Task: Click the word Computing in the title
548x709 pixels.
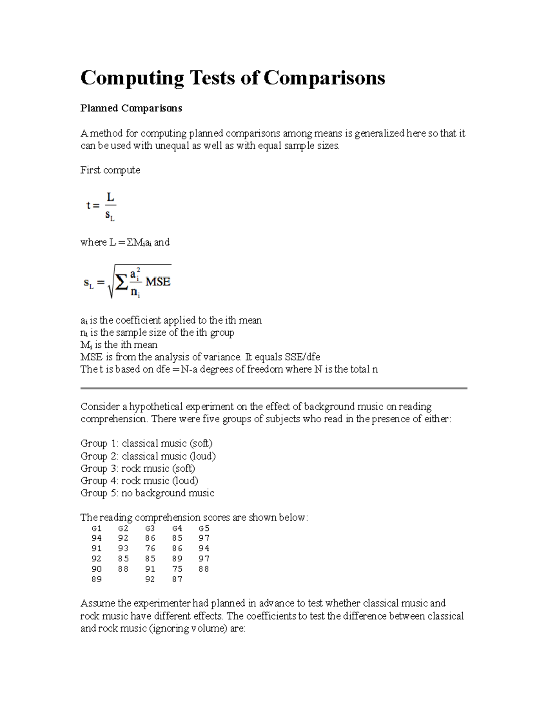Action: [x=132, y=78]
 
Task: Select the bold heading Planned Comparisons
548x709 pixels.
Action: [x=131, y=108]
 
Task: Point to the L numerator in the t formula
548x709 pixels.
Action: [x=110, y=197]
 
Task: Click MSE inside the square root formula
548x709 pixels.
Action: [x=158, y=282]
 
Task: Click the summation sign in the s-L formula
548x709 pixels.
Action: [x=121, y=283]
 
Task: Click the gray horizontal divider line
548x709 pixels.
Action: [x=274, y=388]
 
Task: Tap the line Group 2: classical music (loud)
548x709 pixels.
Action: [x=148, y=456]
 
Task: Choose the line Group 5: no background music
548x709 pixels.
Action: [x=147, y=493]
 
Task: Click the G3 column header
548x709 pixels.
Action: [x=150, y=528]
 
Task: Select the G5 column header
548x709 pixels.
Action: [x=204, y=528]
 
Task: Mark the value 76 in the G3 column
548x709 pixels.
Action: [x=150, y=548]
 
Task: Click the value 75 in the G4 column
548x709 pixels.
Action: [x=177, y=569]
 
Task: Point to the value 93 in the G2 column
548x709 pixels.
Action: [x=123, y=548]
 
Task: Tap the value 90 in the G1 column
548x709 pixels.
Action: [x=96, y=569]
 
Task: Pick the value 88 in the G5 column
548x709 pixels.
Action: [x=204, y=569]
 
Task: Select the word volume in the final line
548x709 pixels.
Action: [x=207, y=628]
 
